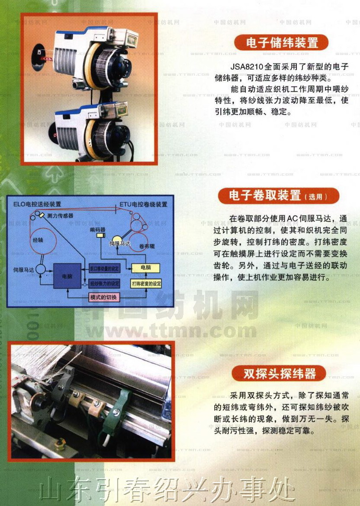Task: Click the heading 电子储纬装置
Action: tap(282, 42)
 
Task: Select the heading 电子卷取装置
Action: tap(278, 195)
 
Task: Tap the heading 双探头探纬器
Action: tap(279, 373)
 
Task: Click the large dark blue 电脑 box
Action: tap(67, 275)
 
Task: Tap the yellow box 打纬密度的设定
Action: tap(146, 284)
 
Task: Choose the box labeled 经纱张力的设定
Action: tap(104, 284)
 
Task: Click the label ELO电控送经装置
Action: tap(37, 204)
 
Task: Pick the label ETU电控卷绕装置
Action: tap(143, 204)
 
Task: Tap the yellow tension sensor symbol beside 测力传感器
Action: tap(43, 215)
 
